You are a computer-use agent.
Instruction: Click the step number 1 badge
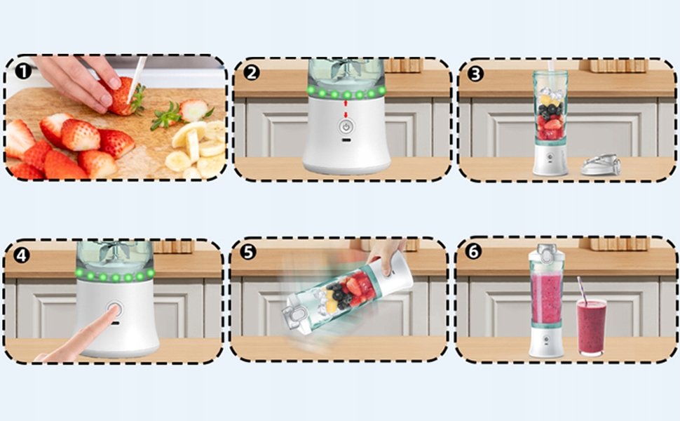[23, 71]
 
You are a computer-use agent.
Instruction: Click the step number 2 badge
[252, 72]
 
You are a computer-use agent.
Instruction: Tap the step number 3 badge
[475, 74]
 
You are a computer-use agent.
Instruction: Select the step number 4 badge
[21, 255]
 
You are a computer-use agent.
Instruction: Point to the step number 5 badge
[248, 252]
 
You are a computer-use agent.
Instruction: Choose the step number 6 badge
[472, 251]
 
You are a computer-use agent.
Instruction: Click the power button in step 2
[346, 127]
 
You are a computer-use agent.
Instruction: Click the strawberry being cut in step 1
[123, 96]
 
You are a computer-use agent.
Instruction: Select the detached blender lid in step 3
[601, 165]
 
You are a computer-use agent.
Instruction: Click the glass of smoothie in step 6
[591, 327]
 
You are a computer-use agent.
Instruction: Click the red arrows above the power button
[346, 109]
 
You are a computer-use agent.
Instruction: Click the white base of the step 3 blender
[550, 160]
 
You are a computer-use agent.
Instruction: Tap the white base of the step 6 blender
[546, 342]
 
